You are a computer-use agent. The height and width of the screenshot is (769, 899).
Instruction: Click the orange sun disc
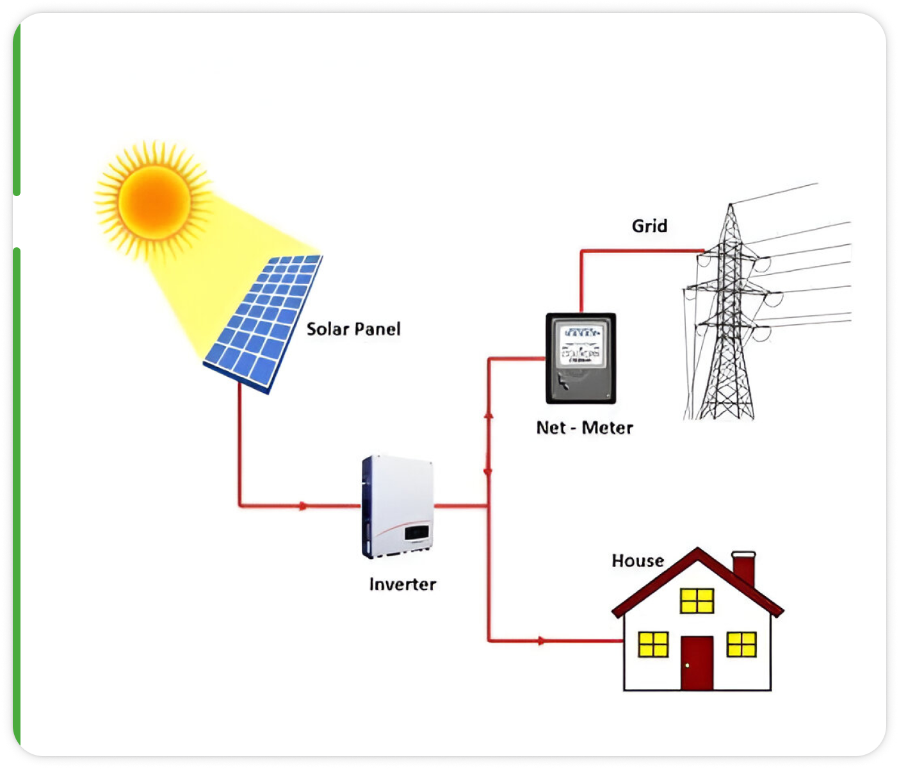click(x=154, y=201)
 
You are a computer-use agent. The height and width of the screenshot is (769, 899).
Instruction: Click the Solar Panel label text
click(x=353, y=329)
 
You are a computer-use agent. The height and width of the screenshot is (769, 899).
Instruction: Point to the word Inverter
click(x=402, y=584)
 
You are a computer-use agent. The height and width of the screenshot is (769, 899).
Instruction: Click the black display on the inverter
click(x=416, y=533)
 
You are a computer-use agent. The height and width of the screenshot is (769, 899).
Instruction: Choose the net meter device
click(x=581, y=358)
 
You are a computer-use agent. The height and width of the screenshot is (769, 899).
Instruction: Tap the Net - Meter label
click(x=585, y=428)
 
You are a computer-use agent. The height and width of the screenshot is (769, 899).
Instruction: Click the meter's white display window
click(x=581, y=345)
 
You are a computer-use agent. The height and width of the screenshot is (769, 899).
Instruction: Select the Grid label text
click(x=649, y=226)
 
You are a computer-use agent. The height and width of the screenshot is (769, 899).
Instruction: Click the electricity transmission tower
click(x=729, y=320)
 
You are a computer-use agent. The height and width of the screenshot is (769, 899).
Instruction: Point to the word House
click(x=637, y=561)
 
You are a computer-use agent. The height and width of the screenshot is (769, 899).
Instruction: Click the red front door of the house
click(x=697, y=663)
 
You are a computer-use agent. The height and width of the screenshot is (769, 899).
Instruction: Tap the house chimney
click(x=743, y=568)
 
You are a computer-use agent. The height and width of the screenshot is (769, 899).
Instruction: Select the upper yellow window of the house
click(x=697, y=601)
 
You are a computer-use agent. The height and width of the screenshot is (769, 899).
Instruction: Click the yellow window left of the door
click(x=653, y=645)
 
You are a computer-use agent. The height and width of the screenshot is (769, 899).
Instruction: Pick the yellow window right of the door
click(x=741, y=645)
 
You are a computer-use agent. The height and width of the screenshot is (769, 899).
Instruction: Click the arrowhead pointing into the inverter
click(x=304, y=506)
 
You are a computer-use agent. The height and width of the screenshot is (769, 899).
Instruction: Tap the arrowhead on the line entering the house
click(x=542, y=640)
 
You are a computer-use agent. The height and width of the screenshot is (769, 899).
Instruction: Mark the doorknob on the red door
click(x=687, y=666)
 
